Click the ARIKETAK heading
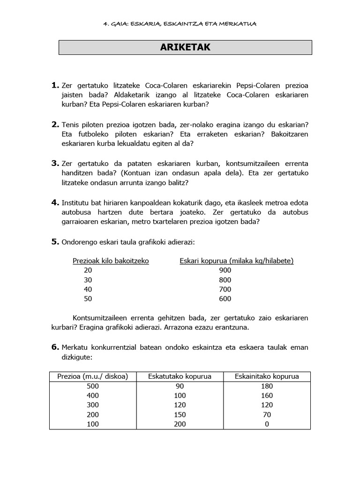click(185, 47)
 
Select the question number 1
click(55, 85)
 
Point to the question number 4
click(55, 202)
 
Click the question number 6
click(55, 347)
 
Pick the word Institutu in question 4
click(77, 202)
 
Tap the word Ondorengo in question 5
click(79, 242)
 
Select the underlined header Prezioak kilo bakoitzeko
click(111, 261)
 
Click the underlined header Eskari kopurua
click(237, 261)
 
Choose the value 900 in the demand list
click(225, 270)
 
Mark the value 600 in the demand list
click(225, 299)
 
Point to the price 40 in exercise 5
click(88, 289)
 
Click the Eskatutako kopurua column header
click(180, 376)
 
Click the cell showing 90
click(180, 386)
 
